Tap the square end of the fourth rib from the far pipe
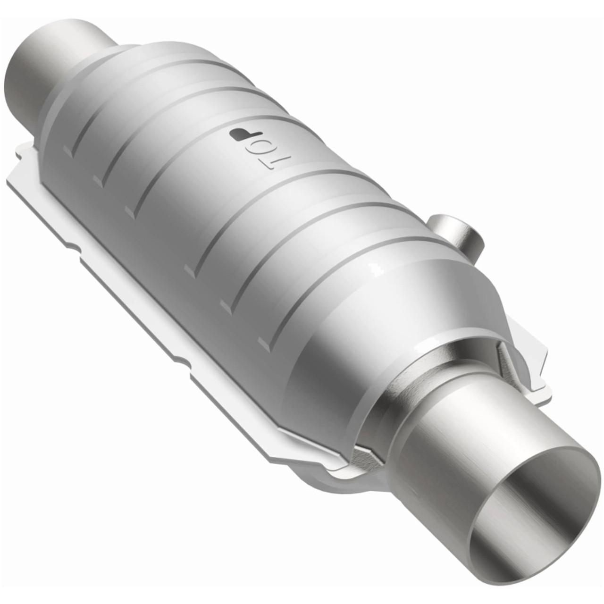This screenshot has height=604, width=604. pyautogui.click(x=191, y=270)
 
